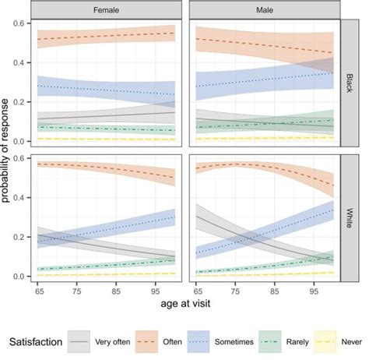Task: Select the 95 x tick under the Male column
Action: tap(313, 290)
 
